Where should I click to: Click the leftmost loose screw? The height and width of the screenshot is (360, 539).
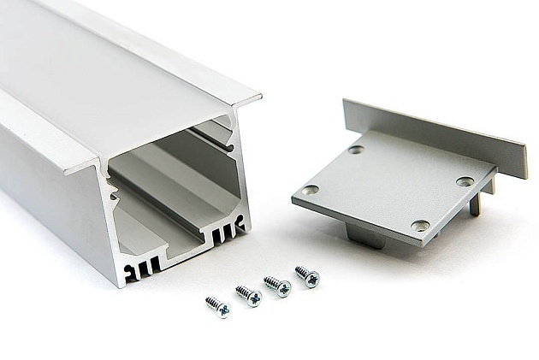click(x=218, y=305)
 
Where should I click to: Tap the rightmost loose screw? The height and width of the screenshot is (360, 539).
click(x=307, y=276)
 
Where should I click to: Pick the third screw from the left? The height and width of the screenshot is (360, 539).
click(x=277, y=286)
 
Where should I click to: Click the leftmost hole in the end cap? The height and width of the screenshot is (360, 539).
click(x=311, y=189)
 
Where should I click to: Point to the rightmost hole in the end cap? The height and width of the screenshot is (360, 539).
click(x=465, y=181)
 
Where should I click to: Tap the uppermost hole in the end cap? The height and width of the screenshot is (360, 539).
click(x=356, y=150)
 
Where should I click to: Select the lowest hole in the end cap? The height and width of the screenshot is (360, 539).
click(x=420, y=226)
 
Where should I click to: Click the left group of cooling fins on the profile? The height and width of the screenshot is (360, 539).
click(x=145, y=267)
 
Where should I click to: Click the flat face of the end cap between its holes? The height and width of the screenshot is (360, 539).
click(x=389, y=188)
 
